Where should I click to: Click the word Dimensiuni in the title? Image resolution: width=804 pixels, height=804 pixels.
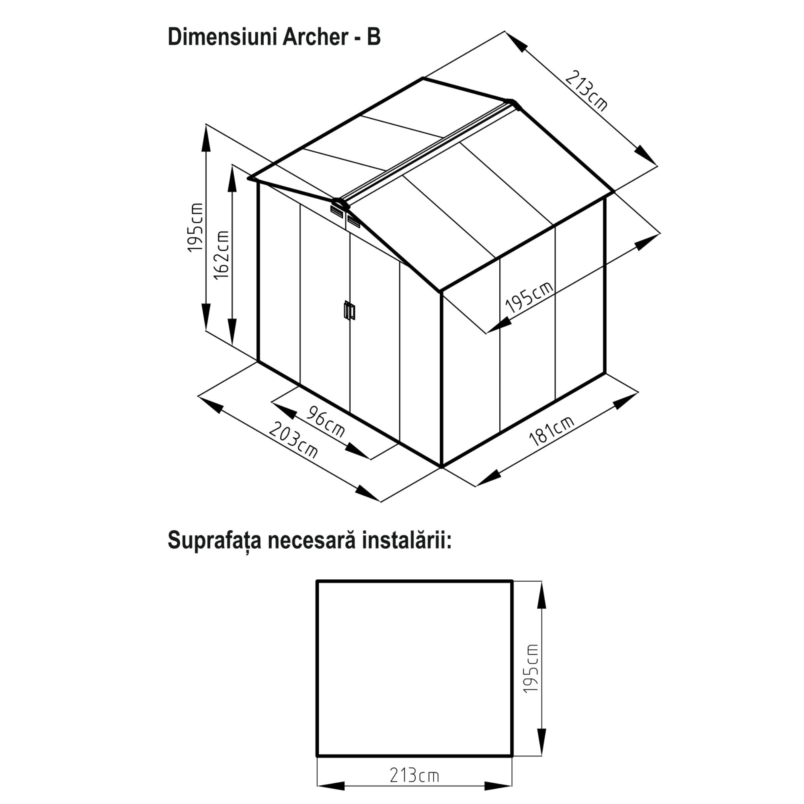click(x=222, y=37)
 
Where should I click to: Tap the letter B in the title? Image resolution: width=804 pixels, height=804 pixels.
click(x=373, y=37)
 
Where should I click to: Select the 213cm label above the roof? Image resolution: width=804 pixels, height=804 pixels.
click(x=586, y=91)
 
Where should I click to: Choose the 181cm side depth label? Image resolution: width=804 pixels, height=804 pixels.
click(x=552, y=431)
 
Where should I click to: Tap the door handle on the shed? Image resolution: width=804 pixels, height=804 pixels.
click(x=350, y=310)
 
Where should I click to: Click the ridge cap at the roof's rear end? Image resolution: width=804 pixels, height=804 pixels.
click(x=513, y=103)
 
